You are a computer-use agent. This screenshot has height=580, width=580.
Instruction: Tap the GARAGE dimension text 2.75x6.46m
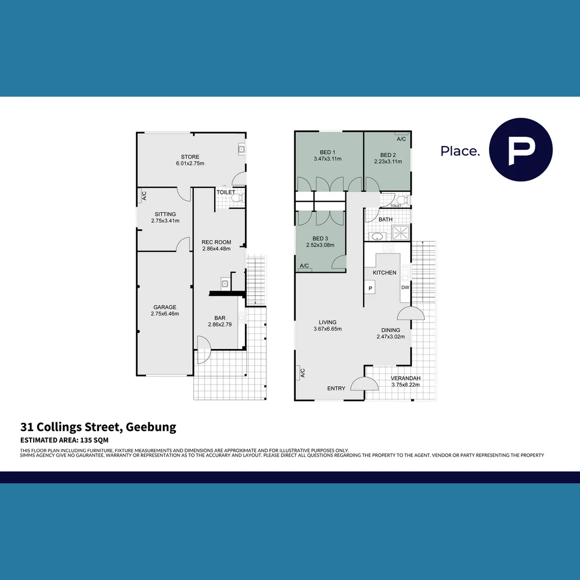click(164, 314)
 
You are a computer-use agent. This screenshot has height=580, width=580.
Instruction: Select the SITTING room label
click(164, 214)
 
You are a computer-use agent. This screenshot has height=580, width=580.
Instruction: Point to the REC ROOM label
click(216, 242)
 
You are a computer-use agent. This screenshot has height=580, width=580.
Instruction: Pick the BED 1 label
click(328, 151)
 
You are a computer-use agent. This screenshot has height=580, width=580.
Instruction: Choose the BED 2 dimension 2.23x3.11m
click(388, 161)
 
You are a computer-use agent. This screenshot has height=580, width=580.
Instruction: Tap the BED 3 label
click(320, 238)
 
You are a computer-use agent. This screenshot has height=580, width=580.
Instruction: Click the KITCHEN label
click(385, 273)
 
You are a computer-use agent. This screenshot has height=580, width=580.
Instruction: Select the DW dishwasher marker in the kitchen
click(404, 287)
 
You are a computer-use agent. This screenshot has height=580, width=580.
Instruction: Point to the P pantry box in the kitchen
click(371, 288)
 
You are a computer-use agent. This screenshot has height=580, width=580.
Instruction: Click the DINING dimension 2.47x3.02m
click(390, 337)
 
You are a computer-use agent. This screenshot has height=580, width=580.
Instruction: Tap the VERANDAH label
click(405, 378)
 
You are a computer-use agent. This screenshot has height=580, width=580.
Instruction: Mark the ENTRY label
click(337, 388)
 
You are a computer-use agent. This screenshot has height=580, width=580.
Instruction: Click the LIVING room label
click(327, 322)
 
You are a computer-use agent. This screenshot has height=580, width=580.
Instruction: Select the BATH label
click(386, 220)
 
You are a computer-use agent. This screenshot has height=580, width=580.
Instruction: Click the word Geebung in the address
click(151, 427)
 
